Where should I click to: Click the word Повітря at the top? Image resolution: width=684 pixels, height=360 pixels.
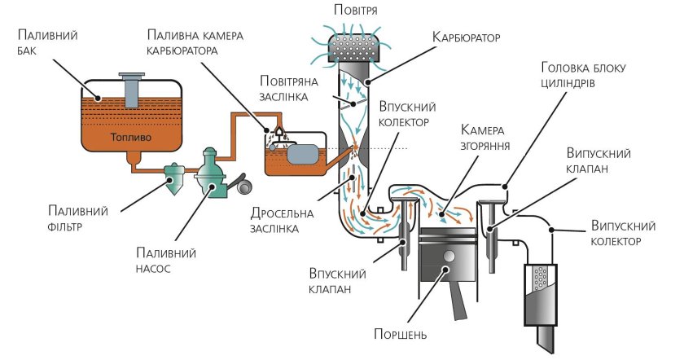pyautogui.click(x=355, y=10)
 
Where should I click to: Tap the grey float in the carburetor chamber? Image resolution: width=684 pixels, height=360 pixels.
pyautogui.click(x=304, y=154)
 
